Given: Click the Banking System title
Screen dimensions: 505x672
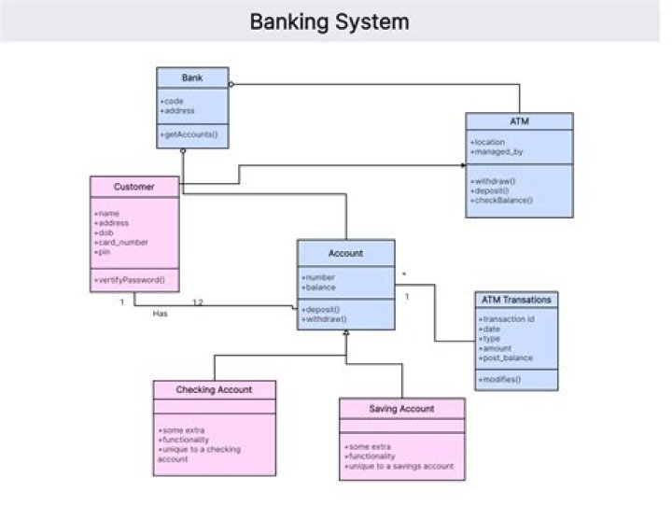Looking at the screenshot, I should click(329, 21).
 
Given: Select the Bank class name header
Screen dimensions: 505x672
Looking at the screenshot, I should click(192, 77).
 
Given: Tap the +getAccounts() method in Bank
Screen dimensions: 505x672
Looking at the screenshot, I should click(189, 135).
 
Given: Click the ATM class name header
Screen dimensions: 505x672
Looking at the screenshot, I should click(520, 121).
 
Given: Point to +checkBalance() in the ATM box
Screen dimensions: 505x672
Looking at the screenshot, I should click(502, 200).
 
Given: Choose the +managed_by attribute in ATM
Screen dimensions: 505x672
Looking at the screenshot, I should click(498, 151).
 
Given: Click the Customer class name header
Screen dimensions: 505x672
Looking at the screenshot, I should click(133, 187).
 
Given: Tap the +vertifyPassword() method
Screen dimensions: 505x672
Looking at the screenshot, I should click(130, 279).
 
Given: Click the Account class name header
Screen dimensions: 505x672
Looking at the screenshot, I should click(345, 252).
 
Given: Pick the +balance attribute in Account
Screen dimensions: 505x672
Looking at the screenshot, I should click(320, 286).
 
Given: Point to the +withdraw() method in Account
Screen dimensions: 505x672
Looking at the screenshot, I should click(324, 318).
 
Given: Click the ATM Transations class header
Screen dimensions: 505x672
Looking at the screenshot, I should click(516, 300).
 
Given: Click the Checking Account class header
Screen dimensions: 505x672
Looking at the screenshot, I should click(214, 389).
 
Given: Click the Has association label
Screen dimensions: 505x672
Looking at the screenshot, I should click(160, 314).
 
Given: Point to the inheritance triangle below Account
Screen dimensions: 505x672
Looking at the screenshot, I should click(345, 332).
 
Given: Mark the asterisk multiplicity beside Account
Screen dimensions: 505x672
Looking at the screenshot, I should click(403, 274).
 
